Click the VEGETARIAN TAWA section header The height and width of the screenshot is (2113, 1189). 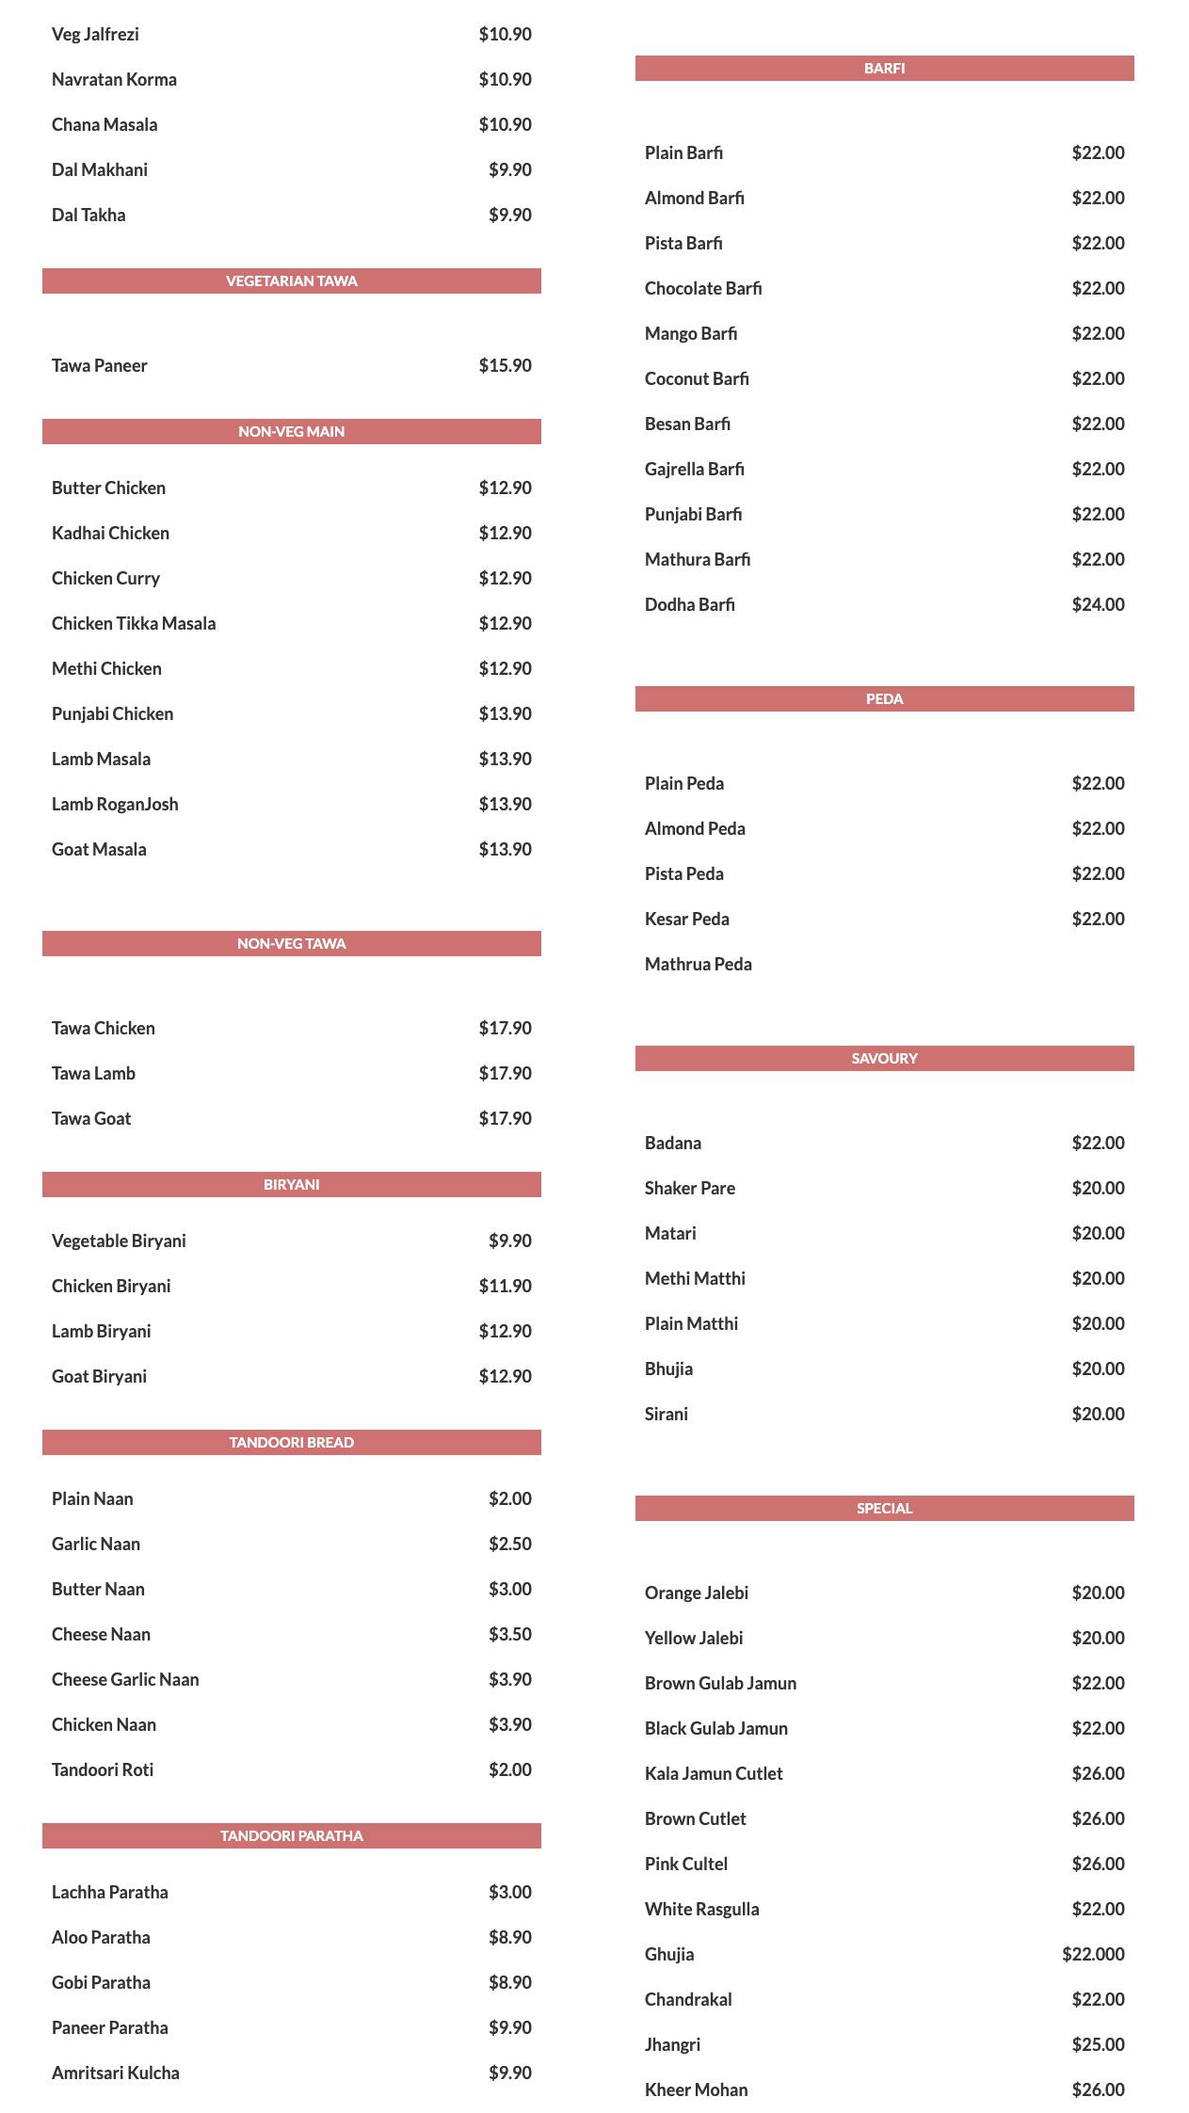[x=291, y=280]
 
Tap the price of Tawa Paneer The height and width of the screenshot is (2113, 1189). [x=505, y=365]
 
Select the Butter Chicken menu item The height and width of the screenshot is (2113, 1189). [x=108, y=488]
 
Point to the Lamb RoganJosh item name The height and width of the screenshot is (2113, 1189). [x=115, y=804]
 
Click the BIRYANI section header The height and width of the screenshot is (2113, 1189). [x=291, y=1184]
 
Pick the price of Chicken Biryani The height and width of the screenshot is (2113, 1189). [x=505, y=1286]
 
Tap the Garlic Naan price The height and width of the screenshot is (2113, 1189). [x=509, y=1544]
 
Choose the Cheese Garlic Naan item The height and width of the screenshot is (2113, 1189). [x=125, y=1679]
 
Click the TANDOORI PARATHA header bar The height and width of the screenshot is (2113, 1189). [x=291, y=1835]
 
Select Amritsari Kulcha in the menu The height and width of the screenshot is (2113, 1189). [x=115, y=2073]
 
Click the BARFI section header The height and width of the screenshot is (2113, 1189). [x=884, y=68]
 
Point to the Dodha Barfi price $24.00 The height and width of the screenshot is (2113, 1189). [x=1098, y=604]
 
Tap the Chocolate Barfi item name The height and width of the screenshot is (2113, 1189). [x=703, y=288]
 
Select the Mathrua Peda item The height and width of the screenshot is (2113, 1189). [x=698, y=964]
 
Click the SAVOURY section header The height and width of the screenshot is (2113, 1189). [x=884, y=1058]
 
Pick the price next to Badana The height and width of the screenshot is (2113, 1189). [x=1098, y=1143]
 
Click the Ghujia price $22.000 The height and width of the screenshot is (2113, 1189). [x=1093, y=1954]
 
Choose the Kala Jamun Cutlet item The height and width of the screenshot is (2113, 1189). [x=714, y=1773]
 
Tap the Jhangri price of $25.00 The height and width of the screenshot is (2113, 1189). [x=1098, y=2044]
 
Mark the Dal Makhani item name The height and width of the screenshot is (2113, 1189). [x=99, y=169]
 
